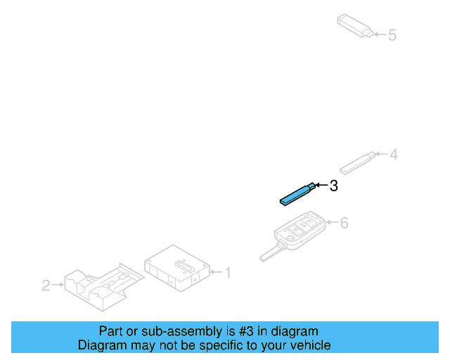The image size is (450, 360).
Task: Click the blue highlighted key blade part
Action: (295, 194)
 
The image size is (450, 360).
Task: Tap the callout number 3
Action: (334, 186)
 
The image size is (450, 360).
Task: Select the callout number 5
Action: (392, 34)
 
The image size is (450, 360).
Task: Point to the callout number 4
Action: (394, 154)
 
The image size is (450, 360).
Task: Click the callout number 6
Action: (344, 224)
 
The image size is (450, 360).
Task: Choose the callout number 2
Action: (46, 285)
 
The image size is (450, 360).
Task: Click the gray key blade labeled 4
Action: (357, 163)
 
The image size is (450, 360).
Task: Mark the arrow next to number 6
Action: (332, 224)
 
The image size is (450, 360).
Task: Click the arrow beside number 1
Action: (217, 271)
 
